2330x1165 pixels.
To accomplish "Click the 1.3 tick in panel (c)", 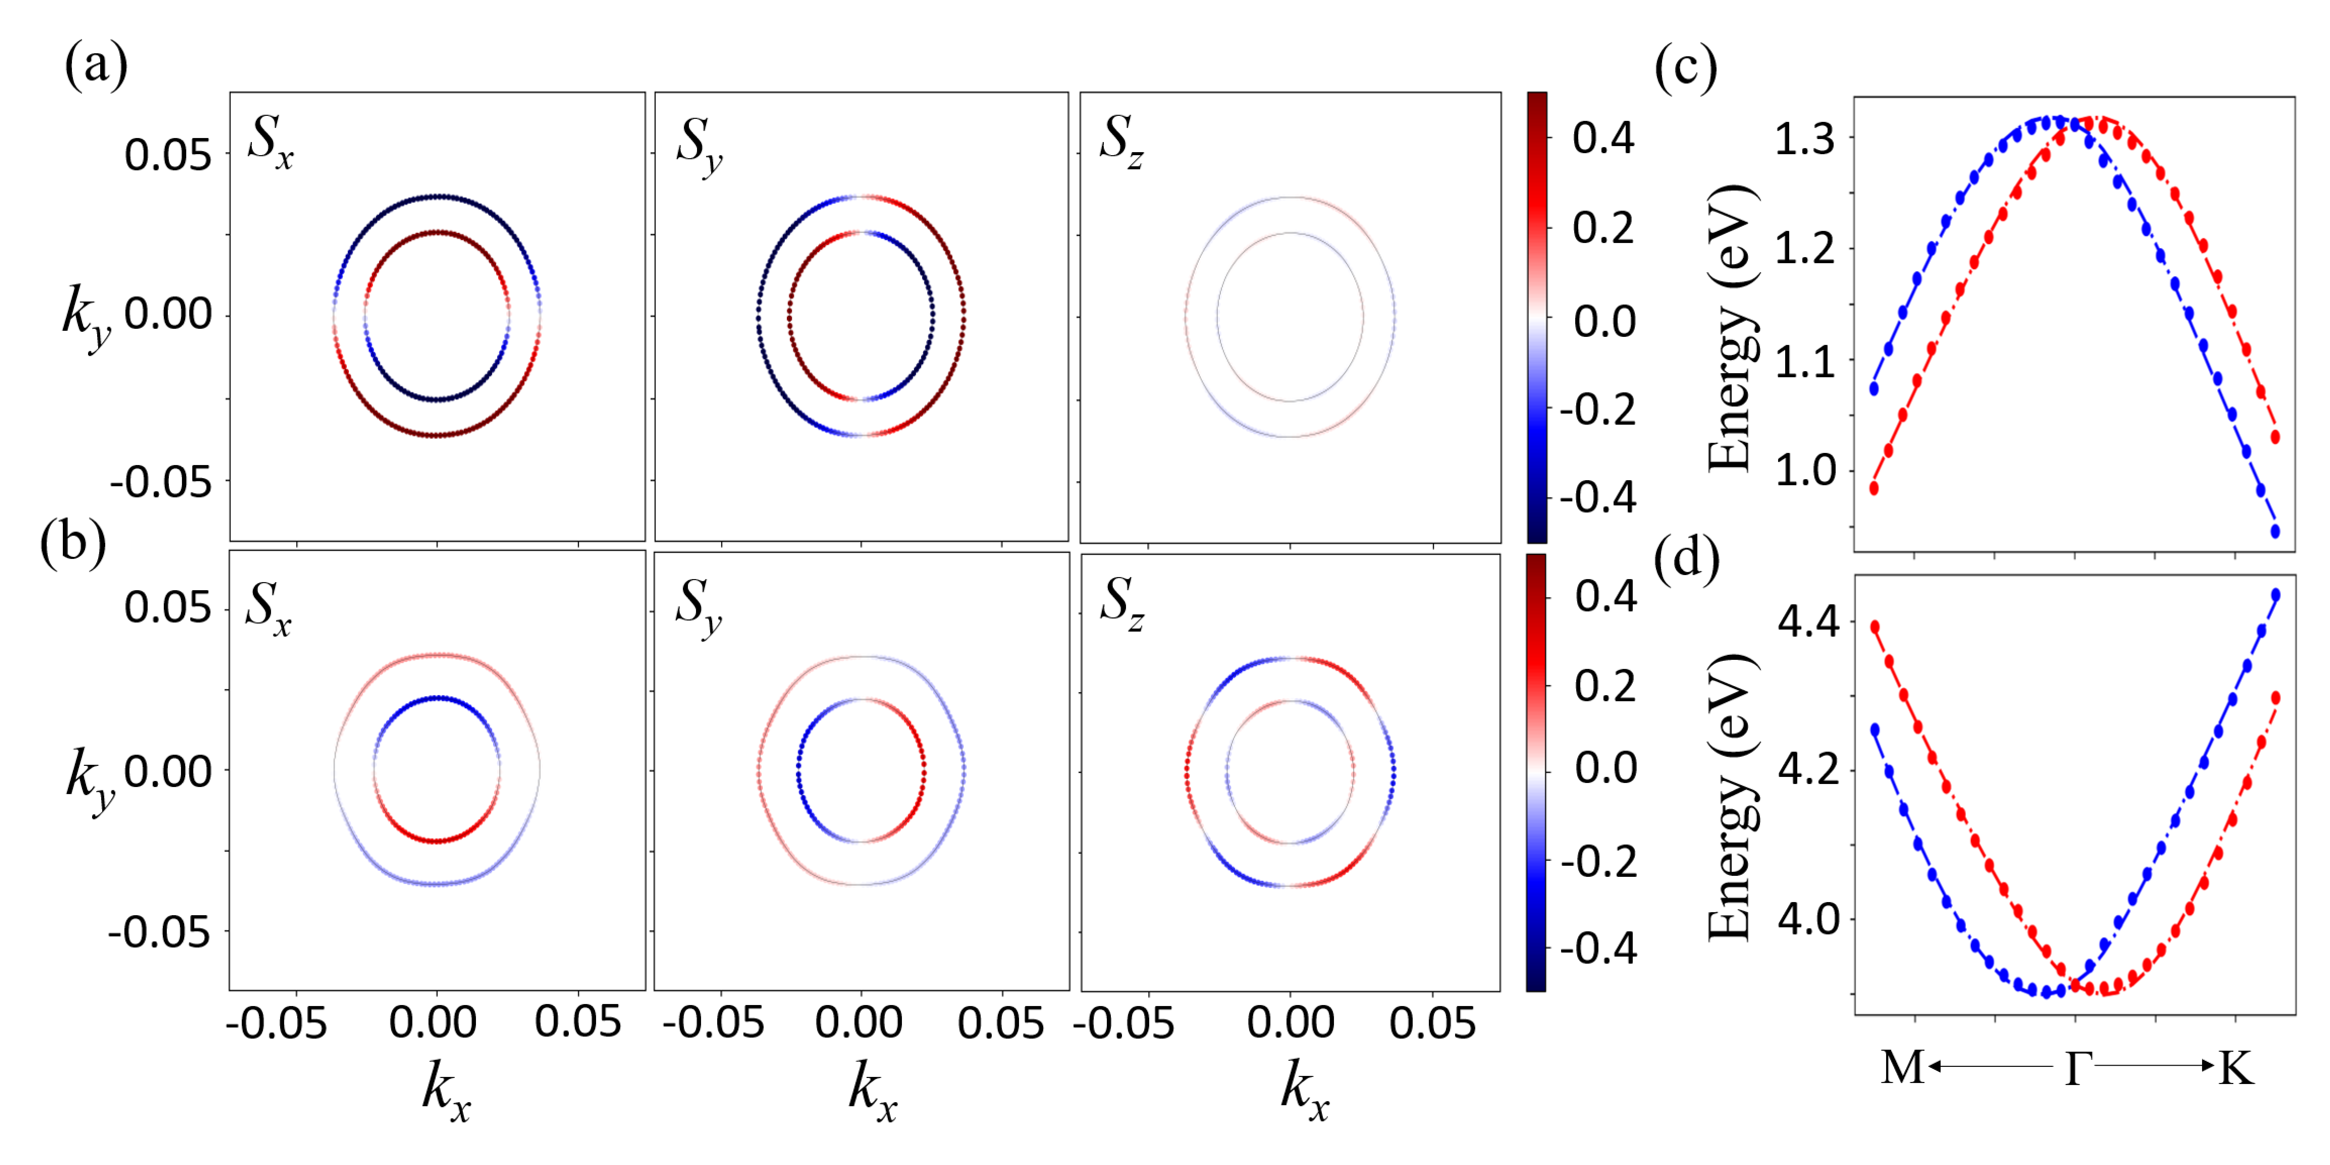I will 1805,140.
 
